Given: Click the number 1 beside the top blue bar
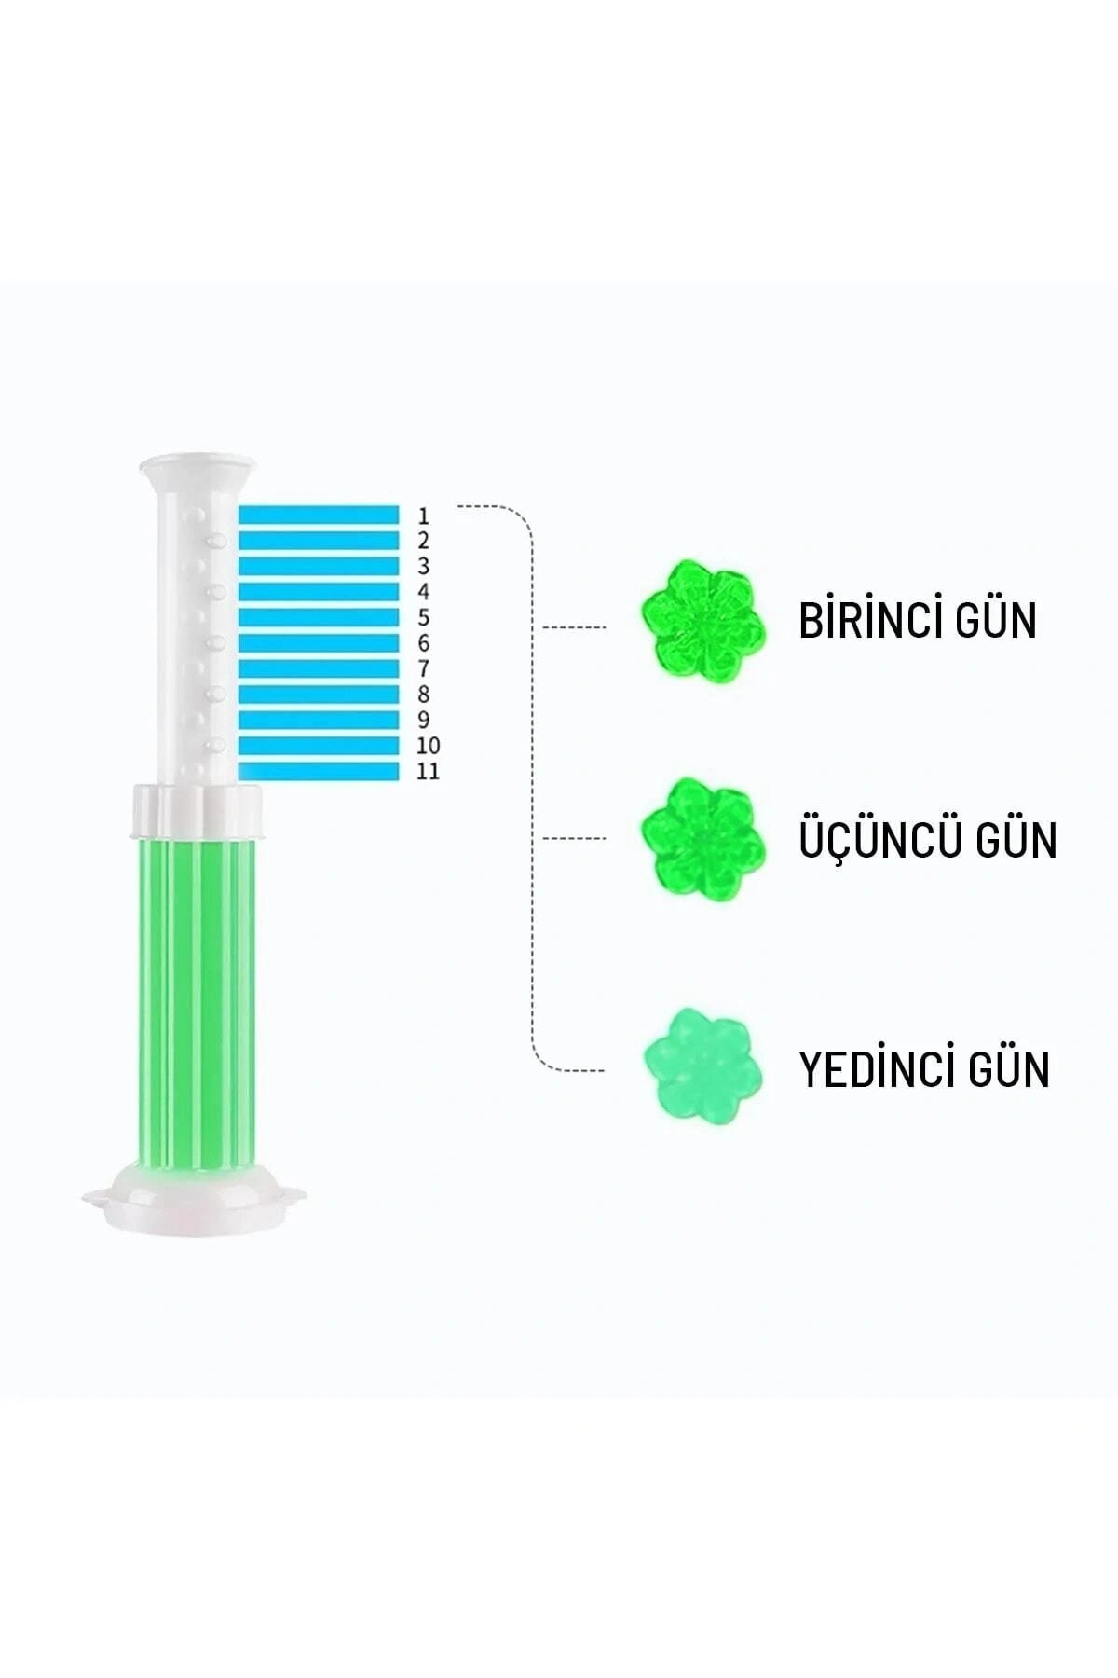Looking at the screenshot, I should tap(424, 516).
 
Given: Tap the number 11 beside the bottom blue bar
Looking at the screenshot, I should tap(428, 771).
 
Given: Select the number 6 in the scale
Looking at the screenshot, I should tap(424, 643).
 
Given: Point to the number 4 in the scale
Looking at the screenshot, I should tap(424, 592).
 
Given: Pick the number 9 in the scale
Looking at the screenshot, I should tap(424, 720).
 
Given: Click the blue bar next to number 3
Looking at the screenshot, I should tap(319, 566).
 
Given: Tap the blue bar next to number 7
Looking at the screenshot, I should tap(319, 668).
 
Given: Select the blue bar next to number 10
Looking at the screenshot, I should tap(319, 745).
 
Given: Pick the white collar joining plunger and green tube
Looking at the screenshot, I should tap(197, 811).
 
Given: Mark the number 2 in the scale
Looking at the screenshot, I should tap(424, 541).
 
